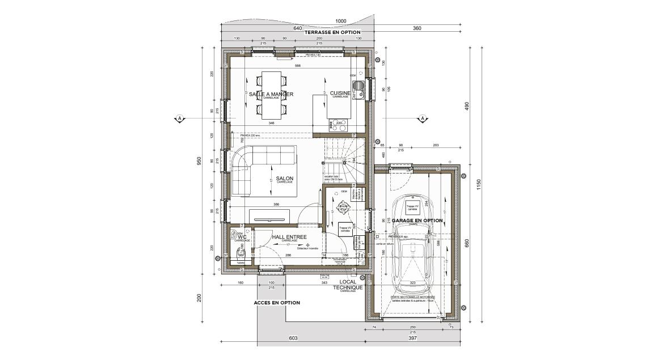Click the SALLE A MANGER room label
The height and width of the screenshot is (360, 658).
click(x=271, y=94)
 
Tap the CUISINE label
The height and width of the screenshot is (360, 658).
click(x=340, y=94)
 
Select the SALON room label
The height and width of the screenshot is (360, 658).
click(x=285, y=177)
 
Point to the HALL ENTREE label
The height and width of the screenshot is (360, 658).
click(x=289, y=238)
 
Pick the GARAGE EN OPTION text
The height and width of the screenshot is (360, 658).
click(x=417, y=221)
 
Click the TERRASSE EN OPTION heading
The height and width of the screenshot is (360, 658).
click(x=332, y=33)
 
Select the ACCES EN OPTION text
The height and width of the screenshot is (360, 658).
click(x=277, y=303)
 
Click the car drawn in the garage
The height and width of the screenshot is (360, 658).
click(x=412, y=244)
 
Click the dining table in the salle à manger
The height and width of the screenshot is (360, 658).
click(x=271, y=95)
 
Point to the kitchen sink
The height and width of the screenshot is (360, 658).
click(x=358, y=87)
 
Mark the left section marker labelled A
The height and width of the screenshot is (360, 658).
click(x=179, y=118)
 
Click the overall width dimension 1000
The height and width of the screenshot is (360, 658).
click(x=340, y=21)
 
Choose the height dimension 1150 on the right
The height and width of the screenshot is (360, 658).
click(x=479, y=184)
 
